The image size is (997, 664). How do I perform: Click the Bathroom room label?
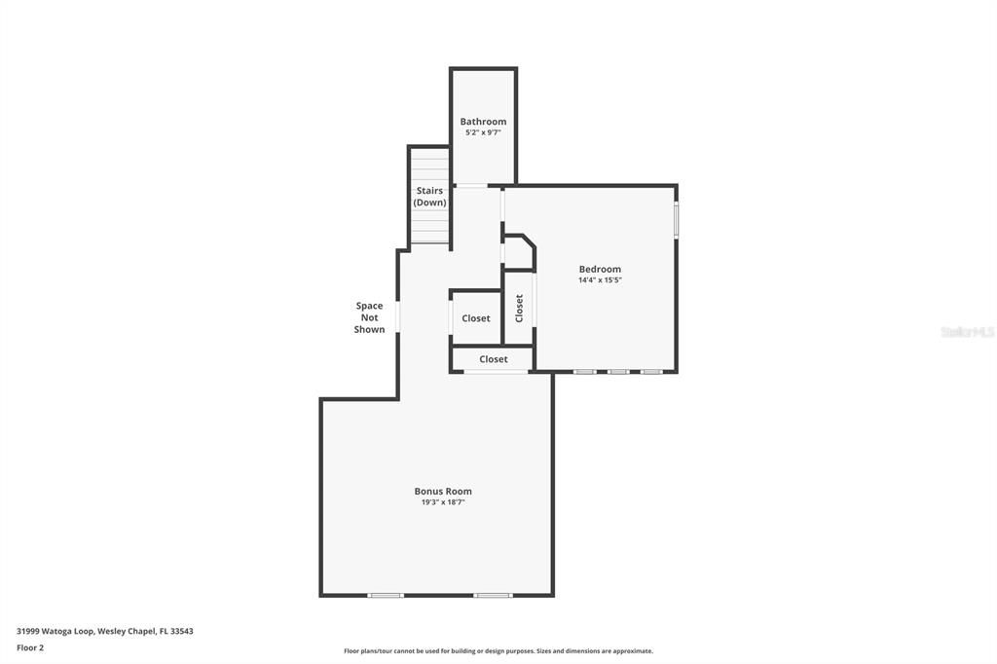tap(483, 122)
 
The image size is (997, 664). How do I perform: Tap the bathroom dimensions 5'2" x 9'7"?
tap(483, 132)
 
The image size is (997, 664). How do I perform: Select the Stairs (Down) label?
tap(429, 197)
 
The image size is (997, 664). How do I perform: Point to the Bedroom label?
tap(600, 270)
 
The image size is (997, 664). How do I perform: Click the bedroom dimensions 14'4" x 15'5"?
tap(600, 280)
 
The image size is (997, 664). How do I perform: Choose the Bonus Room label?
tap(443, 492)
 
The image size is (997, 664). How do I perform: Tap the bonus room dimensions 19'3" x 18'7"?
tap(443, 502)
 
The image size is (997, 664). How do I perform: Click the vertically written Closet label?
tap(519, 308)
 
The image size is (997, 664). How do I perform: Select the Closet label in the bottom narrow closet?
tap(494, 359)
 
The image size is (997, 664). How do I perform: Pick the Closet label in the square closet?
tap(476, 318)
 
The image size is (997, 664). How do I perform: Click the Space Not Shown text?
tap(370, 317)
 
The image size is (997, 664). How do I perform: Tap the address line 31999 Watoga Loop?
tap(105, 631)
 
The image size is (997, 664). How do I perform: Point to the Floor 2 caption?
tap(30, 647)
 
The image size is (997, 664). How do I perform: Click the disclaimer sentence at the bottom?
tap(498, 651)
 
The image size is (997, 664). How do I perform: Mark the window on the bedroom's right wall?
tap(676, 219)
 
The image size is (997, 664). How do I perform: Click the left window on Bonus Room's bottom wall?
tap(386, 595)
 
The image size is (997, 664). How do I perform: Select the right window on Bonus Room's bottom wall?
tap(493, 595)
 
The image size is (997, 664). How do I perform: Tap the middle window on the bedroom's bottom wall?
tap(618, 372)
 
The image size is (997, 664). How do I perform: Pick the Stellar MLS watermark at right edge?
tap(968, 332)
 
